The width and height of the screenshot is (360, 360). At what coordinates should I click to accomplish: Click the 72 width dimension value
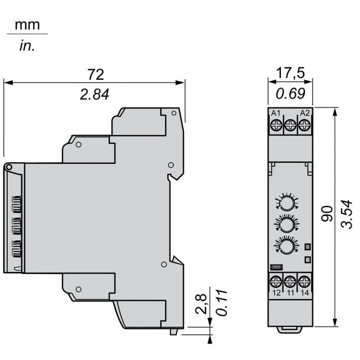(x=96, y=74)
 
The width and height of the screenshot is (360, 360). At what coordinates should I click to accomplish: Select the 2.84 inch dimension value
(x=94, y=94)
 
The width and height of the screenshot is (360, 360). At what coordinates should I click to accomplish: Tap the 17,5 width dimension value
(x=290, y=73)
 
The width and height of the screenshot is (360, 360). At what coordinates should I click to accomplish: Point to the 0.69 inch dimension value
(x=290, y=94)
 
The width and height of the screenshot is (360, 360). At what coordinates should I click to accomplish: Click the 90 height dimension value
(x=327, y=214)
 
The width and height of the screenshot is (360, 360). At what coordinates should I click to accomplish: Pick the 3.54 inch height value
(x=347, y=214)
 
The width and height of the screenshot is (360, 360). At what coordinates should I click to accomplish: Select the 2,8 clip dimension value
(x=201, y=304)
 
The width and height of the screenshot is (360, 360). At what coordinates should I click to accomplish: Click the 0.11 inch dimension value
(x=222, y=303)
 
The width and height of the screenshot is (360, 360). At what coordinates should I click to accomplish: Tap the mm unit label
(x=27, y=25)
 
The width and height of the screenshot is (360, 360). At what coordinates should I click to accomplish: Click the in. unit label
(x=27, y=45)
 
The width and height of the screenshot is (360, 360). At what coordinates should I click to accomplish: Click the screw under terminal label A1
(x=276, y=125)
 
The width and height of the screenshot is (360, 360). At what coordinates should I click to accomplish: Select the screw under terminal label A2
(x=305, y=125)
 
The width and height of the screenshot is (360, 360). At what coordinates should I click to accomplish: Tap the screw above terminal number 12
(x=276, y=281)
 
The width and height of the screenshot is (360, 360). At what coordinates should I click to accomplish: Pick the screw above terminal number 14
(x=305, y=281)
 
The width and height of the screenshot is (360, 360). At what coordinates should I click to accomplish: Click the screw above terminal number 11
(x=290, y=281)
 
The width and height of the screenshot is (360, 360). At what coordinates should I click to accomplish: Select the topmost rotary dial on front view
(x=287, y=203)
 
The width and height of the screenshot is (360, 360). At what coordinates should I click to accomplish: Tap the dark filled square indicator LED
(x=307, y=247)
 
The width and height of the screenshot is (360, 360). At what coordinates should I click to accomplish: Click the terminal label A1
(x=276, y=113)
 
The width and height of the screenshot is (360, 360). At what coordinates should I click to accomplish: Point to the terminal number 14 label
(x=305, y=293)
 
